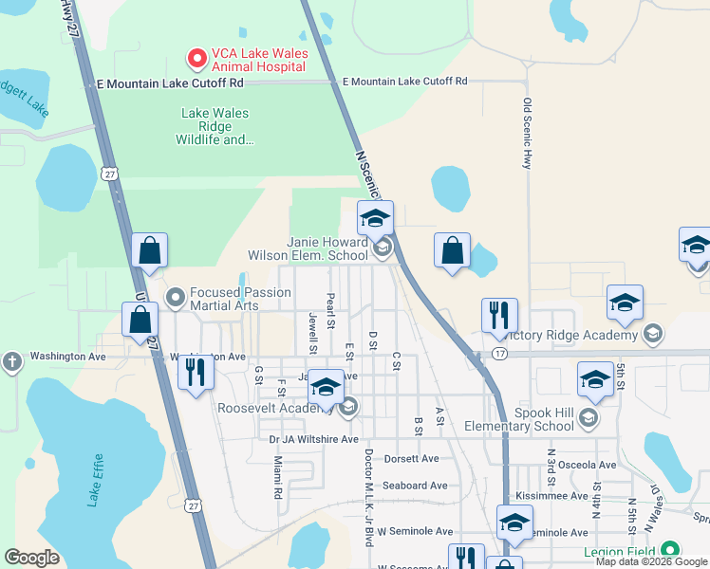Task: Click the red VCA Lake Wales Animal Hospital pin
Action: point(196,59)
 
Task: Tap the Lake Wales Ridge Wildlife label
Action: point(215,126)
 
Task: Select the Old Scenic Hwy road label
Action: point(527,135)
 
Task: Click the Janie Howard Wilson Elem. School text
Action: point(307,248)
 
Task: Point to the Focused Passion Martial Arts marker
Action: point(175,299)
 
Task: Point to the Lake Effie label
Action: point(95,485)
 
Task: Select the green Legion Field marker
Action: point(670,550)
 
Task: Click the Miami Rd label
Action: point(278,477)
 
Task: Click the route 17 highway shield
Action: point(499,354)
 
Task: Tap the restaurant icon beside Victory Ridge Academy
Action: point(499,316)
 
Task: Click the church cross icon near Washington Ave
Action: point(11,361)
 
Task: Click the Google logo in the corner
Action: point(32,558)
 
